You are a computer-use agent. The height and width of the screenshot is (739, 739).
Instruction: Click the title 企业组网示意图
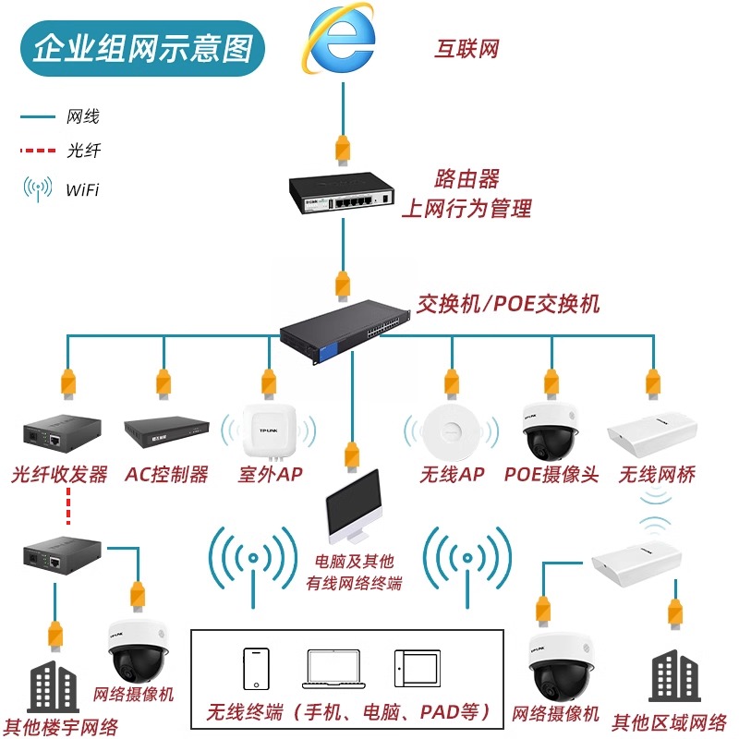tap(142, 48)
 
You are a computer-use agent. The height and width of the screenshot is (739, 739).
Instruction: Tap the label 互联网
tap(466, 49)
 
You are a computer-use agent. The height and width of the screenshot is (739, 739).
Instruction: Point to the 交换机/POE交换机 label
tap(507, 303)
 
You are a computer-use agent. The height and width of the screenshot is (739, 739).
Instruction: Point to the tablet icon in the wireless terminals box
tap(410, 668)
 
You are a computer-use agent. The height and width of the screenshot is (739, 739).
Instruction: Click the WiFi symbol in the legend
tap(38, 188)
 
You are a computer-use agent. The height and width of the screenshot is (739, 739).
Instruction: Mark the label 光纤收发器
tap(60, 475)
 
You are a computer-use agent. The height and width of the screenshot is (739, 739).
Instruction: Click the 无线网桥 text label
tap(657, 475)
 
